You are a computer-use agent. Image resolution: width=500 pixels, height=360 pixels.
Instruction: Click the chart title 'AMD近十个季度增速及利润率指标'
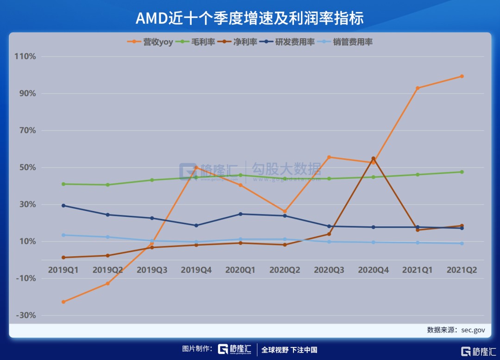coord(250,18)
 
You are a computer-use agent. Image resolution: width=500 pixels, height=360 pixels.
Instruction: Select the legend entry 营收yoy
coord(150,42)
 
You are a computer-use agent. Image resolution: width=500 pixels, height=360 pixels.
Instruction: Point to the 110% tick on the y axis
coord(25,56)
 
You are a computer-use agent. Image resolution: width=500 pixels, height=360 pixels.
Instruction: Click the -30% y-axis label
coord(25,316)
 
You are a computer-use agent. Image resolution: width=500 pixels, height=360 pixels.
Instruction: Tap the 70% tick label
coord(27,130)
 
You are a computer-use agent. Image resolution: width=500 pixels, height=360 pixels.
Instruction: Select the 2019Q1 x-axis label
coord(63,270)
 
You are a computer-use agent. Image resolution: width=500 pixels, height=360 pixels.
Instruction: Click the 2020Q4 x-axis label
coord(373,270)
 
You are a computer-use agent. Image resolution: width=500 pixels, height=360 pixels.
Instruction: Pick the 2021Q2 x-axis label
coord(462,270)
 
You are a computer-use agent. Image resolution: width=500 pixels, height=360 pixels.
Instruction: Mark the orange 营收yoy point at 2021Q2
coord(462,76)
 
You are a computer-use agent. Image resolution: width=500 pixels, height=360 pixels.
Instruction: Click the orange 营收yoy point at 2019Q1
coord(63,302)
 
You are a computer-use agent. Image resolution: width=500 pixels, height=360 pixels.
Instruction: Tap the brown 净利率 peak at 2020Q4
coord(373,158)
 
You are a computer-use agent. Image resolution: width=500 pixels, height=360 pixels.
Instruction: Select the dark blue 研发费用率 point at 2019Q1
coord(63,205)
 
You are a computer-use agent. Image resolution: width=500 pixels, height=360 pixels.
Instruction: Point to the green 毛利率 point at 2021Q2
coord(462,172)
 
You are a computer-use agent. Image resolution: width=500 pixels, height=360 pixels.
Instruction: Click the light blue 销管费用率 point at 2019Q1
coord(63,235)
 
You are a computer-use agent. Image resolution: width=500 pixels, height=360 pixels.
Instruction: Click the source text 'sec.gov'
coord(473,330)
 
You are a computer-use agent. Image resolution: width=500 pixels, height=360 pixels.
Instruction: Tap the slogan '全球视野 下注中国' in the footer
coord(289,350)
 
